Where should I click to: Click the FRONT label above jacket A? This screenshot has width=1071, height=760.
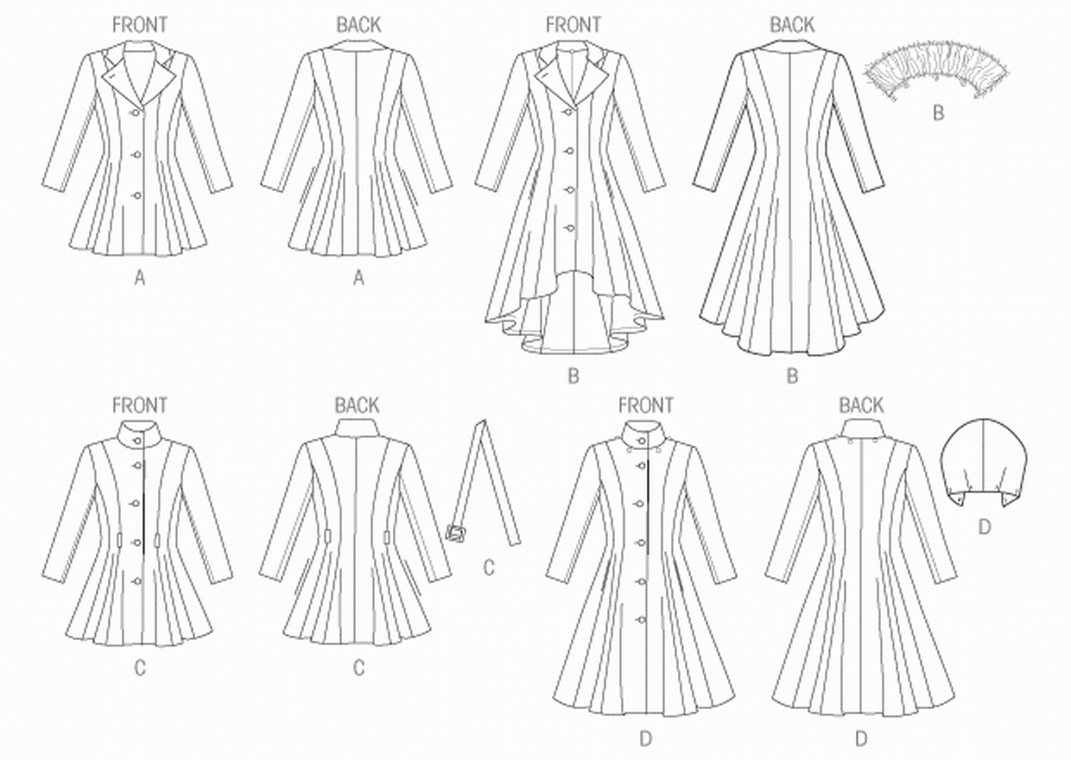click(139, 25)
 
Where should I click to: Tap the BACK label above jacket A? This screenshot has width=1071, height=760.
click(358, 25)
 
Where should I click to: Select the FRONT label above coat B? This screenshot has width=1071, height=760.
click(573, 25)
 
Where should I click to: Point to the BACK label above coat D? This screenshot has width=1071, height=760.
click(861, 405)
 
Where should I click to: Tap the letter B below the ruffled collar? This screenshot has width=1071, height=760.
click(938, 113)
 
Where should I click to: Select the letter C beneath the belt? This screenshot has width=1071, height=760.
click(489, 567)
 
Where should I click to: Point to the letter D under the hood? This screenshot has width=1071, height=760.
click(984, 526)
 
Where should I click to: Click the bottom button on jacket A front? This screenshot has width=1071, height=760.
click(138, 196)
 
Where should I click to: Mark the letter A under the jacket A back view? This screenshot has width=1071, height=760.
click(358, 279)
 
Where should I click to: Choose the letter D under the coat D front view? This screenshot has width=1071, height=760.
click(645, 737)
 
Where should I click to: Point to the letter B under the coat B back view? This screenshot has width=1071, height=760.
click(792, 375)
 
